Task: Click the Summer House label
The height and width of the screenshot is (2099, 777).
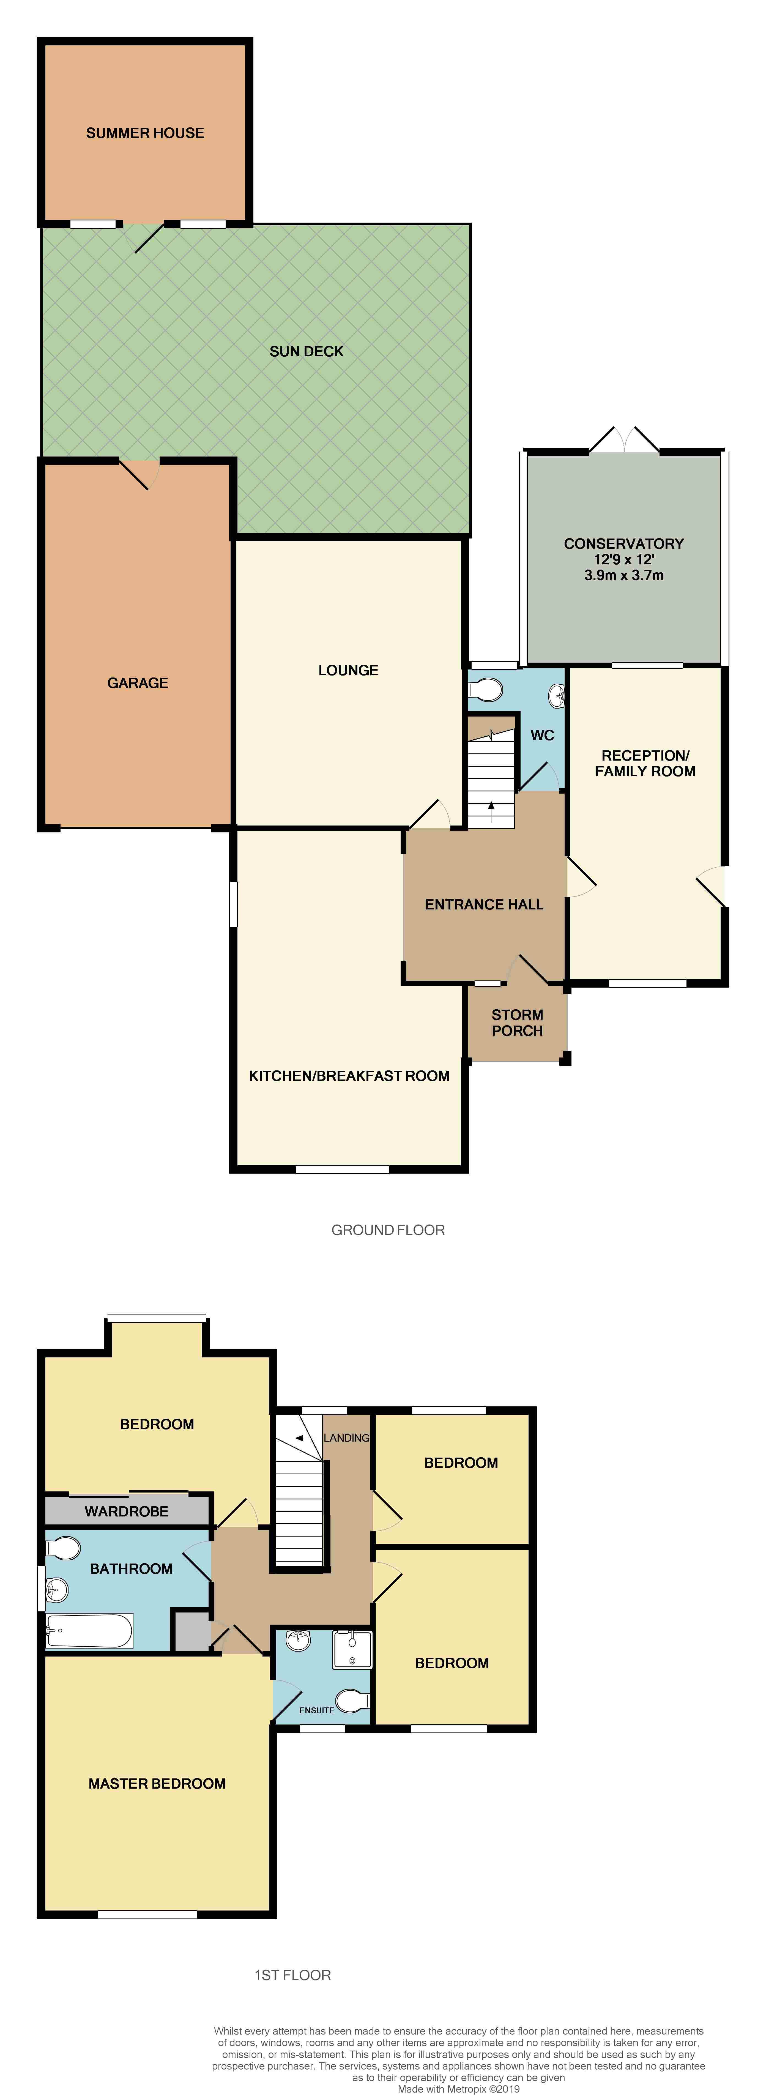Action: [145, 133]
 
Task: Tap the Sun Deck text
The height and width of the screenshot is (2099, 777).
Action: [306, 351]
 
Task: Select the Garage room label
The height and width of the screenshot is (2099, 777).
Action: [138, 683]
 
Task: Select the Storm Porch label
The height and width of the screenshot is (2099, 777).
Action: [517, 1023]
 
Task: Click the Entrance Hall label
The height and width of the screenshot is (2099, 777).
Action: [484, 904]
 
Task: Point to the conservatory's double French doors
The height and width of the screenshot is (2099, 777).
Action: [624, 440]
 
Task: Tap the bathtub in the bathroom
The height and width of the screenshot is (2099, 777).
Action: [90, 1630]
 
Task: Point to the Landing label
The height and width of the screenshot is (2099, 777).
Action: [346, 1438]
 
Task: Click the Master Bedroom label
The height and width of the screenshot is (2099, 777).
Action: [157, 1784]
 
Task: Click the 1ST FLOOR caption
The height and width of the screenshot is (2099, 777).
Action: [292, 1975]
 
